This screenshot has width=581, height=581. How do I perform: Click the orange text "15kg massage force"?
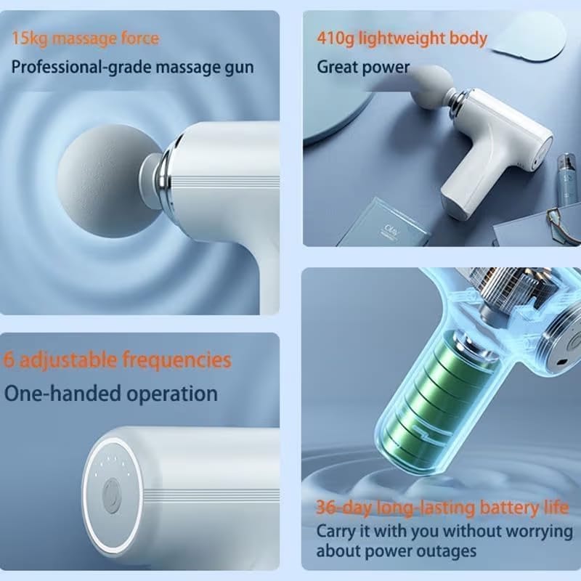(x=85, y=38)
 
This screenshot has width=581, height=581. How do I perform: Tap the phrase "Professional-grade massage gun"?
(x=132, y=67)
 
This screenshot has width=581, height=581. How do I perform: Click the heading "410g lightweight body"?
(x=401, y=38)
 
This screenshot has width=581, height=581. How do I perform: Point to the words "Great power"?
(x=363, y=67)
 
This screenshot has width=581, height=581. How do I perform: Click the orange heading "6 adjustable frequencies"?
(x=117, y=359)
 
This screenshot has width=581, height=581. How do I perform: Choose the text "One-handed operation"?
(x=111, y=394)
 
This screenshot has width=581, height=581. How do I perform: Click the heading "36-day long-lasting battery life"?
(x=442, y=507)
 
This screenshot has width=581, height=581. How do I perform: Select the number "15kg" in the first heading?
(x=28, y=38)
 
